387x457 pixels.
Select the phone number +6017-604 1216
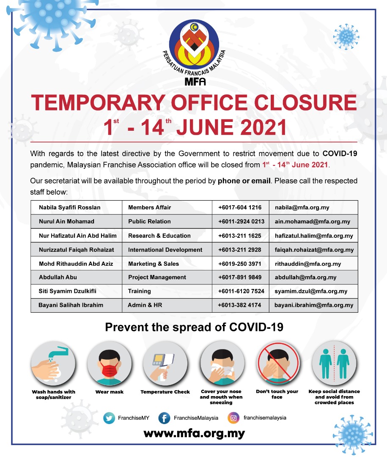tap(240, 208)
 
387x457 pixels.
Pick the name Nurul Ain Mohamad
tap(66, 221)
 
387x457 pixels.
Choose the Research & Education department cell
tap(159, 236)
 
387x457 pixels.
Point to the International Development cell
tap(165, 250)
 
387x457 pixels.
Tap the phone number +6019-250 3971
tap(240, 264)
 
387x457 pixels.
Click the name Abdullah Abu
tap(58, 277)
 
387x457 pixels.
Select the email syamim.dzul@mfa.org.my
tap(311, 291)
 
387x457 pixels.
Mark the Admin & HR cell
tap(145, 305)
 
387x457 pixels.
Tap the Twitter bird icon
tap(110, 418)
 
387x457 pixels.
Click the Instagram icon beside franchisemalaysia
tap(233, 418)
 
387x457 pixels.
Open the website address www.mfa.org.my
tap(194, 434)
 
